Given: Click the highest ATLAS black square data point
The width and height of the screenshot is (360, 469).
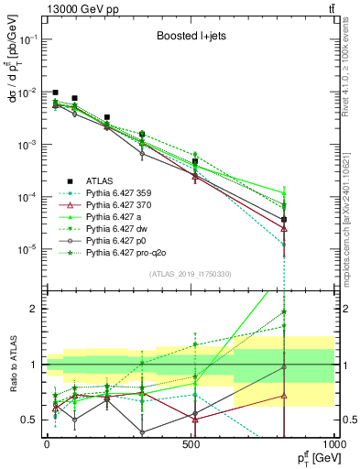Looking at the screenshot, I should coord(56,93).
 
